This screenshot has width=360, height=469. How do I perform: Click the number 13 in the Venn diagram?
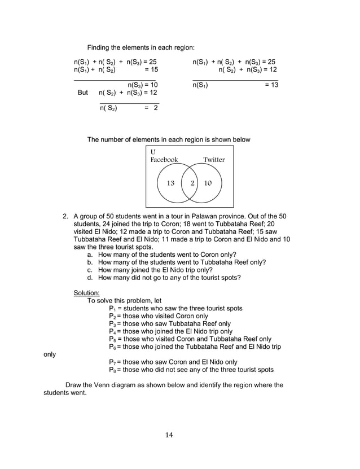pyautogui.click(x=171, y=183)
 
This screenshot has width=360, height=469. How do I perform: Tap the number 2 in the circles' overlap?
pyautogui.click(x=192, y=183)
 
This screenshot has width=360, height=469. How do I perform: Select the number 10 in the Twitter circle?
pyautogui.click(x=208, y=183)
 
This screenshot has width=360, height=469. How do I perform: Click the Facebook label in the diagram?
pyautogui.click(x=164, y=160)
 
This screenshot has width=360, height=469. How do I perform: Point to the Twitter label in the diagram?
pyautogui.click(x=214, y=160)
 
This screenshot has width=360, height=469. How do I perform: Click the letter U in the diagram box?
pyautogui.click(x=153, y=152)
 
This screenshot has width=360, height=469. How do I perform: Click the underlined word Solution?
pyautogui.click(x=86, y=293)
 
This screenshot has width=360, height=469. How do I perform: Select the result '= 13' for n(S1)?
pyautogui.click(x=271, y=85)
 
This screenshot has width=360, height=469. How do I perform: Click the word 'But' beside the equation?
pyautogui.click(x=82, y=93)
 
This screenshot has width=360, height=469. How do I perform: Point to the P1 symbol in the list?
pyautogui.click(x=112, y=309)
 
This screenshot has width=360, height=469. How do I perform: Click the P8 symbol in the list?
pyautogui.click(x=112, y=370)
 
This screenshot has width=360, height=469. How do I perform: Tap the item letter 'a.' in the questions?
pyautogui.click(x=90, y=255)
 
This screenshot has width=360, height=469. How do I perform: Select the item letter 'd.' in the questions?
pyautogui.click(x=90, y=278)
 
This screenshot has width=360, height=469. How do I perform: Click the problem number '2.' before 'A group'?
pyautogui.click(x=65, y=216)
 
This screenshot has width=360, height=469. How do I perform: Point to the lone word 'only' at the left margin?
pyautogui.click(x=50, y=354)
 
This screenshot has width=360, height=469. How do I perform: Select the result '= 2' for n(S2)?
pyautogui.click(x=151, y=108)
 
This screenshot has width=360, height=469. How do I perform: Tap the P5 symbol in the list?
pyautogui.click(x=112, y=339)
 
